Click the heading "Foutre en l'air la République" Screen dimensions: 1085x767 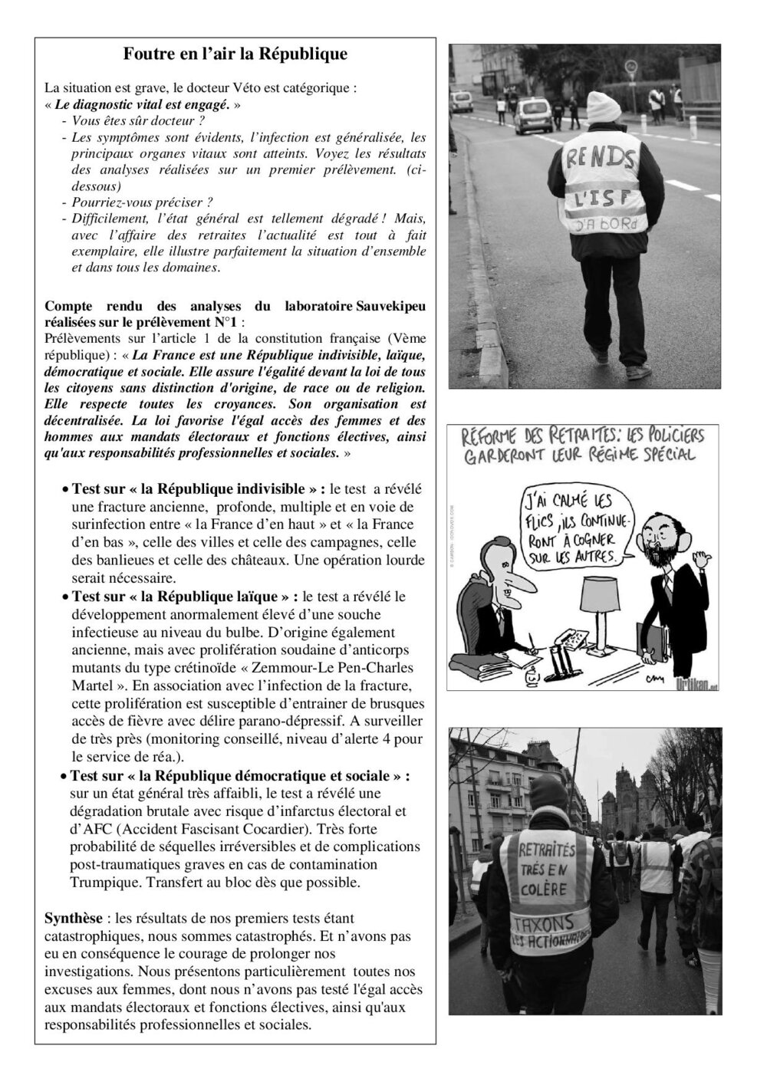(x=235, y=54)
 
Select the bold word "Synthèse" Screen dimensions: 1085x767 (x=71, y=917)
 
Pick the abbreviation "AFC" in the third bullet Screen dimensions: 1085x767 (x=97, y=829)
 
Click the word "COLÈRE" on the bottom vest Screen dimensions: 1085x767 (x=548, y=889)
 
